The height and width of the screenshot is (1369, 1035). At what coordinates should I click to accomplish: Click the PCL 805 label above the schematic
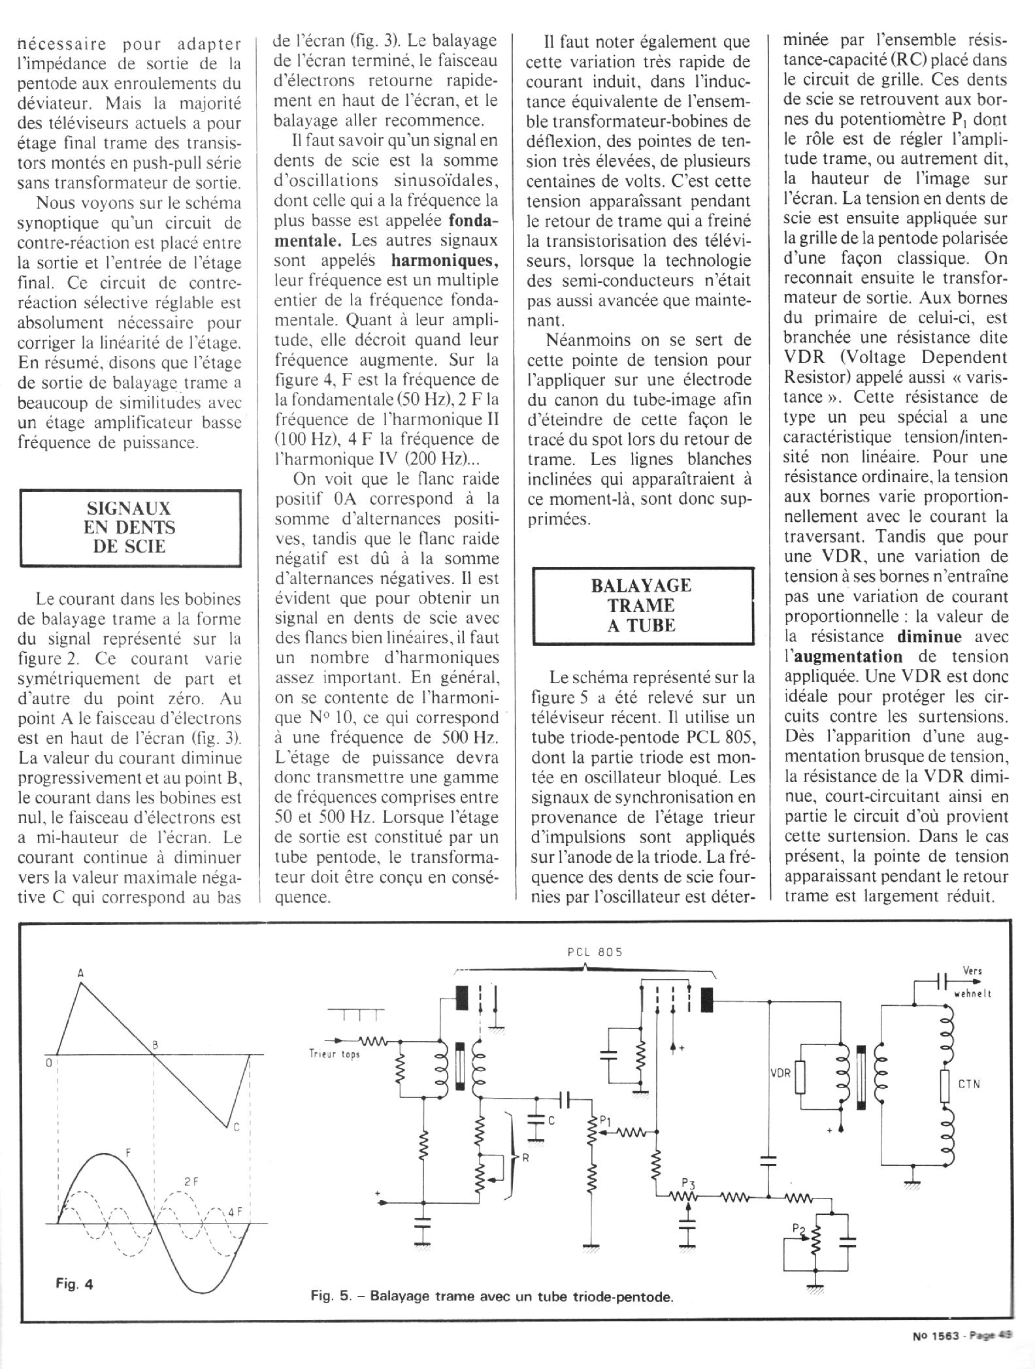click(x=594, y=952)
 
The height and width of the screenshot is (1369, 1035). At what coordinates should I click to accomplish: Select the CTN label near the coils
click(x=970, y=1084)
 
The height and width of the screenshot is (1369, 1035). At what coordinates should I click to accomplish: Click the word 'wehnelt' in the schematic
click(x=973, y=993)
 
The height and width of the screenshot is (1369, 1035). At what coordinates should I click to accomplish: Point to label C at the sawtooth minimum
click(x=236, y=1126)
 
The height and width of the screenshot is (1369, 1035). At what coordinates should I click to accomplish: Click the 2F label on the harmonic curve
click(x=191, y=1181)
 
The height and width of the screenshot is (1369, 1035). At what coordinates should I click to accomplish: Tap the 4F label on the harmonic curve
click(x=236, y=1213)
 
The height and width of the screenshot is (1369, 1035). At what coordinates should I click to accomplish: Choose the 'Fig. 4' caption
click(x=74, y=1284)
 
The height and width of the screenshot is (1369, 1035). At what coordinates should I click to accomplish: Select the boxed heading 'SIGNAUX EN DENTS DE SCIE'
click(x=130, y=527)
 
